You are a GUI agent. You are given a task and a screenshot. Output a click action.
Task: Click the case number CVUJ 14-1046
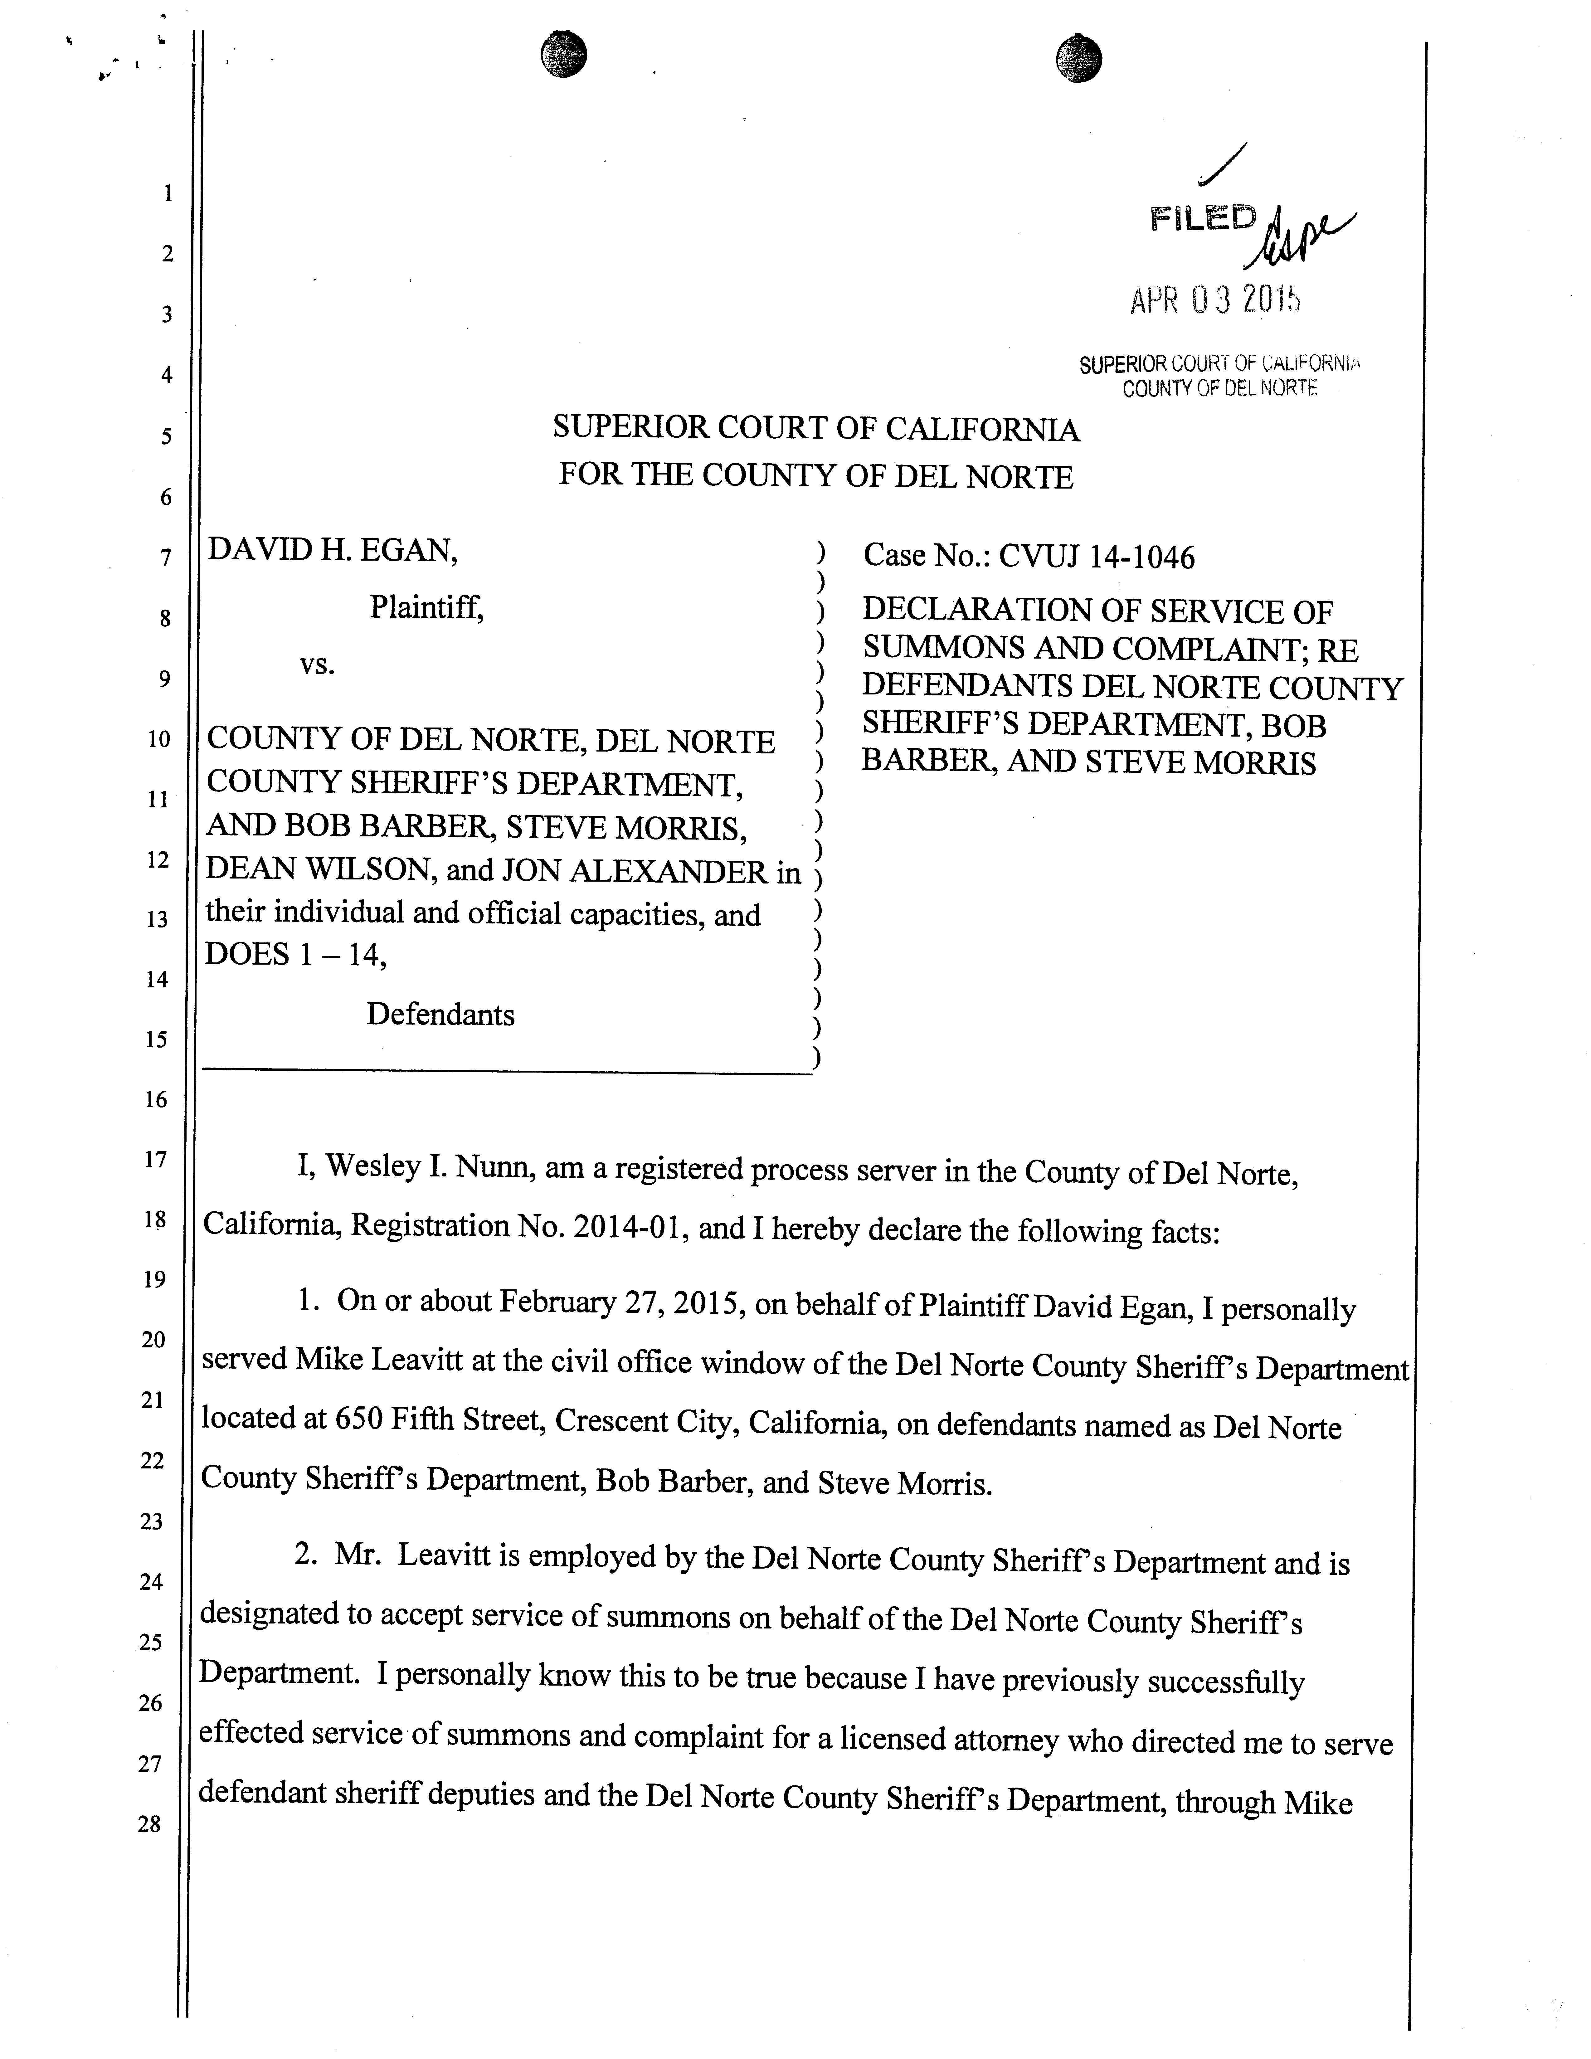(1096, 557)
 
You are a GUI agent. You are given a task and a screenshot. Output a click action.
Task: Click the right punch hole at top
(1079, 58)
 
